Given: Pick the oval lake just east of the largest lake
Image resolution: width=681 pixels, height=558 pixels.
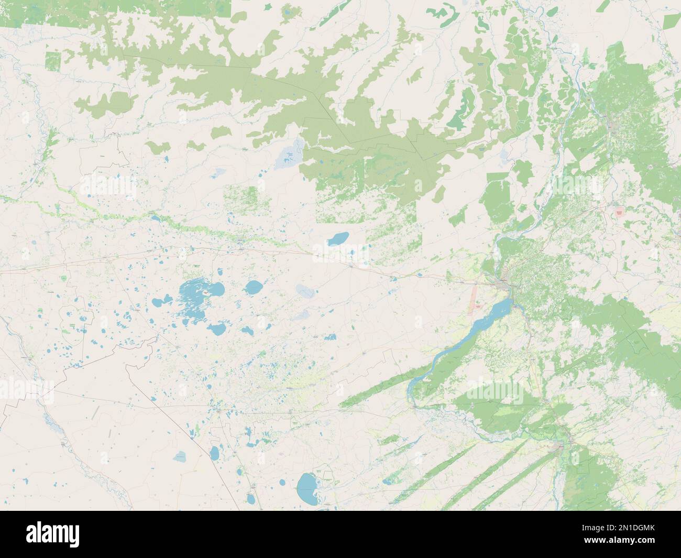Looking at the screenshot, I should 254,287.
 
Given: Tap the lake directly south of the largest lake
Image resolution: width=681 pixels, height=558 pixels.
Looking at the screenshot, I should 216,329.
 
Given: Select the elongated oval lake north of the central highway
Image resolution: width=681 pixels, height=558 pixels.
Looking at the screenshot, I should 337,239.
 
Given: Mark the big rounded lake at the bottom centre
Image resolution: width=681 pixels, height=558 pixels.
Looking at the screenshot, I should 306,487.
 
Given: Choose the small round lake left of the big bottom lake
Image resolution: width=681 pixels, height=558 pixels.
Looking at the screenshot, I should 282,482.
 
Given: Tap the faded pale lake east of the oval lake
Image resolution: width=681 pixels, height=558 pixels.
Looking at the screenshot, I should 304,290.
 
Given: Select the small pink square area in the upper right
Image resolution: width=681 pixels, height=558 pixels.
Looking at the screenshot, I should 620,212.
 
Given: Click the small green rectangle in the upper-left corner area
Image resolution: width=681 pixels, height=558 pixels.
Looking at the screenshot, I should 53,61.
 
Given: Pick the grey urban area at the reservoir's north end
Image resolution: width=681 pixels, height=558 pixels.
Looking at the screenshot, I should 505,283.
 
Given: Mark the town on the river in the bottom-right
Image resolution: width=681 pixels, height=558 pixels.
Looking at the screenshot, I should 561,445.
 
